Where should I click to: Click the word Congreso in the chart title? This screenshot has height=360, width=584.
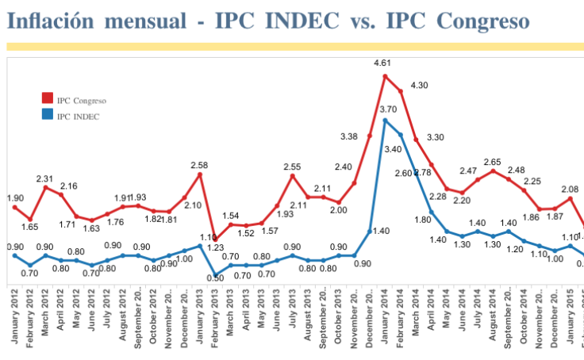(x=480, y=21)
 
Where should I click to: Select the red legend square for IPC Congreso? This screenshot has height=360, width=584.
(x=47, y=99)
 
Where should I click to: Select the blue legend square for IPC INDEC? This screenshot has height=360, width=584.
(x=47, y=117)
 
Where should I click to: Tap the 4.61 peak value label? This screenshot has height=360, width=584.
(x=385, y=63)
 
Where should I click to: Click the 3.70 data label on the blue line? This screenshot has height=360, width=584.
(x=389, y=109)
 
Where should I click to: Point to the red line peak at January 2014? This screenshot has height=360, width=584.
(x=385, y=76)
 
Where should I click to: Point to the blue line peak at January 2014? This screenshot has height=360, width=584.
(x=385, y=120)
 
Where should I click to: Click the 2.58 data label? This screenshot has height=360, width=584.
(x=199, y=165)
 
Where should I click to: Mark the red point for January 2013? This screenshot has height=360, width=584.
(x=199, y=174)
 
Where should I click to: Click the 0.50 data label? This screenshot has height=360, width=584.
(x=215, y=278)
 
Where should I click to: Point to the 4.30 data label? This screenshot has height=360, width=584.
(x=419, y=85)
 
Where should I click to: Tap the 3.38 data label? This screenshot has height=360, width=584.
(x=348, y=136)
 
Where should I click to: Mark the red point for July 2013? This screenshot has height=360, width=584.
(x=292, y=175)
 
